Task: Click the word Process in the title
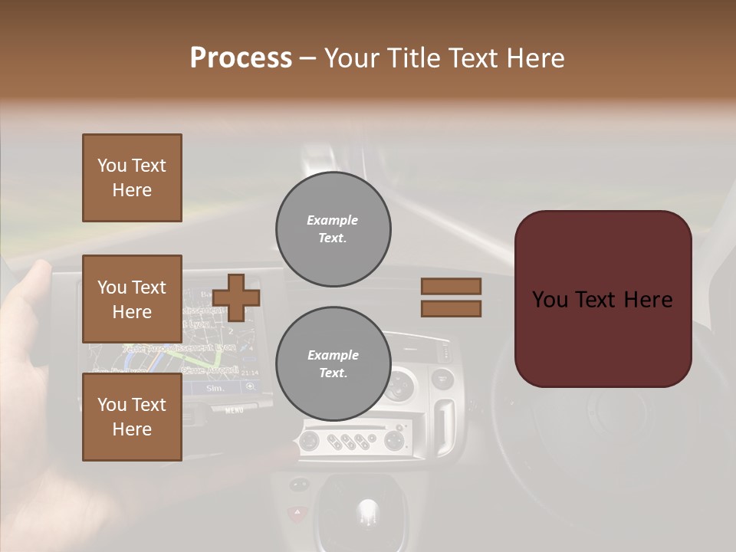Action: (x=241, y=58)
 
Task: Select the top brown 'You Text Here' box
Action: (x=132, y=178)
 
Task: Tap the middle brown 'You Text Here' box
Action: (x=132, y=299)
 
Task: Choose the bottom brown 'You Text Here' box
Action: (x=132, y=417)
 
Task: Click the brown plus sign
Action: (x=236, y=297)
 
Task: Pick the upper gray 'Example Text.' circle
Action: (x=333, y=228)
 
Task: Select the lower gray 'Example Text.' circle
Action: (x=333, y=363)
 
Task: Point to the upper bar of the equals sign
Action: (x=451, y=286)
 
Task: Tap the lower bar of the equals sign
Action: (x=451, y=308)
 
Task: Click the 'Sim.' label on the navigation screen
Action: (x=216, y=389)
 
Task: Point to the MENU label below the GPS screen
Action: (x=234, y=411)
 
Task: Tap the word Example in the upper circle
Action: (x=332, y=220)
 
